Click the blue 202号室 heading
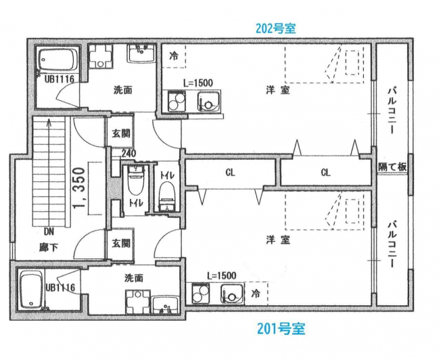276,28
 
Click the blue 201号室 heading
281,328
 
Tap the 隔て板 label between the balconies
392,167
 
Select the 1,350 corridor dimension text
79,188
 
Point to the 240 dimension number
129,154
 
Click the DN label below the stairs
49,232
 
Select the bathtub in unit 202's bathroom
57,60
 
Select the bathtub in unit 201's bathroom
32,290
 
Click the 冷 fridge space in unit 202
174,55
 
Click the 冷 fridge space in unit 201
256,294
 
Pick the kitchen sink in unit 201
232,294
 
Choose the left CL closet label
231,173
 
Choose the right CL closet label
325,173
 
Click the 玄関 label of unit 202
121,134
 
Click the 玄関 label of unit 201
121,243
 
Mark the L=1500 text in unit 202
198,83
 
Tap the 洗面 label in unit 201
134,278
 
